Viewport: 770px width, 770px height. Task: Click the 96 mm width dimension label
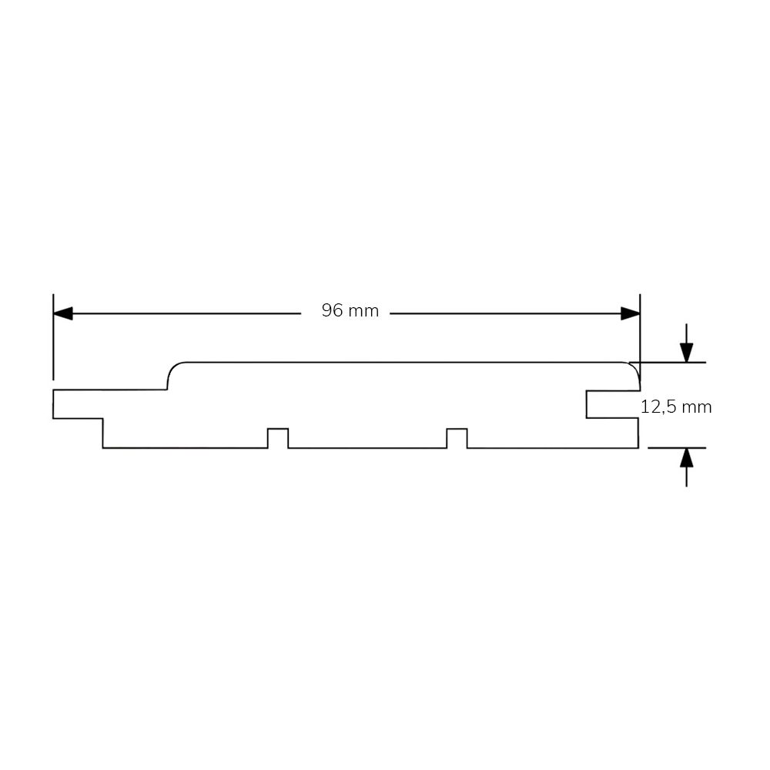click(x=350, y=311)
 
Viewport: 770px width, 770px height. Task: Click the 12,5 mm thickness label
click(x=676, y=407)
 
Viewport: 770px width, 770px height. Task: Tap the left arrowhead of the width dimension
click(x=63, y=313)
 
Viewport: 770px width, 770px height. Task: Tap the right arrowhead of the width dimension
click(x=631, y=313)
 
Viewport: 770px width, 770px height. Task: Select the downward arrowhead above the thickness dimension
click(x=687, y=353)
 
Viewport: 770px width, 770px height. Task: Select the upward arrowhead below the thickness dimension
click(x=687, y=457)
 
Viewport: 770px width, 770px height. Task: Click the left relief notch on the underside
click(x=278, y=438)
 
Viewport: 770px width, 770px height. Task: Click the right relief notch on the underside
click(x=457, y=438)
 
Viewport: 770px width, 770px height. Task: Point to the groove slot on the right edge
click(x=612, y=405)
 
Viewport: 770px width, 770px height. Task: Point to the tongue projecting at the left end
click(x=78, y=404)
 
